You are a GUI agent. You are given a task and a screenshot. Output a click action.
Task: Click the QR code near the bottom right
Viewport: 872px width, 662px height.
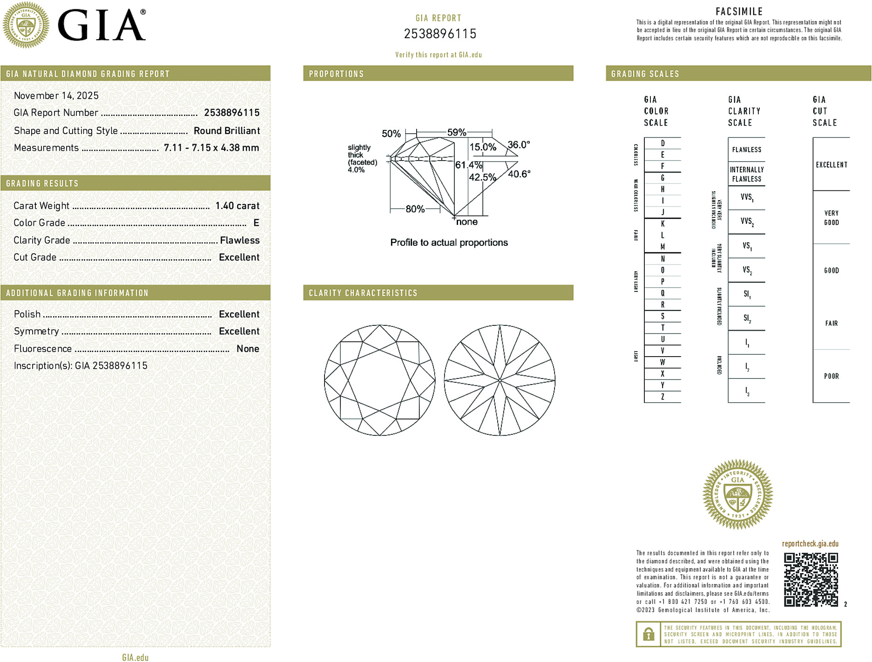point(811,579)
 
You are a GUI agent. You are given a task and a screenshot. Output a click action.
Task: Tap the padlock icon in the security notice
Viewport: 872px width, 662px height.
point(648,634)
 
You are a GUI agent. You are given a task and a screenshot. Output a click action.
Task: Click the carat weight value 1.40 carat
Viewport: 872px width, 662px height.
point(237,206)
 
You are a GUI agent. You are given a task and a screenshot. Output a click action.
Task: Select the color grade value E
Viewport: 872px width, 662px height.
point(256,223)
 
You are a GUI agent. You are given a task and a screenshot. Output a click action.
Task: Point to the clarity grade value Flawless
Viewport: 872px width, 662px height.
point(240,240)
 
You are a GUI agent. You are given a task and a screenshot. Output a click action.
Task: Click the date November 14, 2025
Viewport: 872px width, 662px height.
point(56,95)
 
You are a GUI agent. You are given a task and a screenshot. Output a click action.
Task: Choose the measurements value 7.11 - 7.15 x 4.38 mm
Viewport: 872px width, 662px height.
point(211,148)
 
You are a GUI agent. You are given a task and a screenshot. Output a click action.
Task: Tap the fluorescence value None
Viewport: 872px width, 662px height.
point(248,349)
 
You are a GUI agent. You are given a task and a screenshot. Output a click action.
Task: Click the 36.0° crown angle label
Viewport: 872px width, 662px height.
point(519,145)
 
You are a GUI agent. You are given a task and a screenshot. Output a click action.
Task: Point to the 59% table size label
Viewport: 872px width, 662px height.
point(456,132)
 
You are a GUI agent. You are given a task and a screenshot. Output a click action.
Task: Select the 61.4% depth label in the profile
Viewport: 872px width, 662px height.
point(468,165)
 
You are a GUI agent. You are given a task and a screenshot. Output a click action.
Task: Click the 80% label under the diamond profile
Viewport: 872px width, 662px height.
point(415,209)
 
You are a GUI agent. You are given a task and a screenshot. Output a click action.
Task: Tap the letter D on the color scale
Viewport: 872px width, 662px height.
point(662,143)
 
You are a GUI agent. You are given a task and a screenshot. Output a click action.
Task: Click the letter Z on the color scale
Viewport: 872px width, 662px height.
point(662,397)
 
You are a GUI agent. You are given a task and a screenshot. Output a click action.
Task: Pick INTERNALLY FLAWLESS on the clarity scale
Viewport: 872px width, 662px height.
point(747,174)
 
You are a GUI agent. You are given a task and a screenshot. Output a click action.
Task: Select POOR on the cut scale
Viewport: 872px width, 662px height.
point(831,376)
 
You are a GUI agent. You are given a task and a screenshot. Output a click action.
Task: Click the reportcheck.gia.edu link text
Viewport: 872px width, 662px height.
point(810,544)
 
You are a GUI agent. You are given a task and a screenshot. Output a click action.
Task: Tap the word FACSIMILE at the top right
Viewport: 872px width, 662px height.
point(739,12)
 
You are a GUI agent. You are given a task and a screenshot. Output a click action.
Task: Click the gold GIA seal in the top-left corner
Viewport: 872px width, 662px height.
point(26,25)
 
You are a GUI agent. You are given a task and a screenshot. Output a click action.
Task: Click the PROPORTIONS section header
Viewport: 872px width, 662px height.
point(336,74)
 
